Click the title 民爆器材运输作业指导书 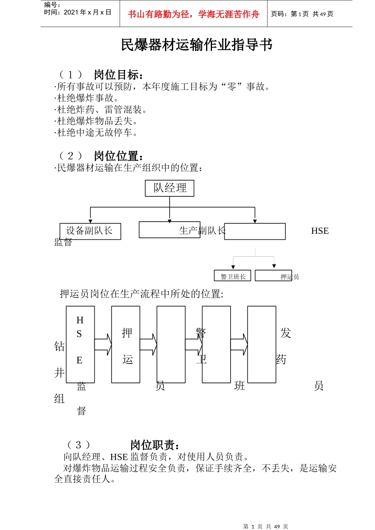click(x=197, y=45)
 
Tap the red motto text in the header click(x=193, y=15)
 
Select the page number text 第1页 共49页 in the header click(x=302, y=14)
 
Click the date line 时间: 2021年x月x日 click(x=78, y=13)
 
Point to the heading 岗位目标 click(x=118, y=75)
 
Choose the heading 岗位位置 click(x=118, y=156)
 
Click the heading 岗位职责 click(x=155, y=445)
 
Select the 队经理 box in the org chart click(x=170, y=188)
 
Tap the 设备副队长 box click(x=90, y=231)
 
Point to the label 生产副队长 click(x=202, y=231)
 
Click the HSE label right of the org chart click(x=320, y=231)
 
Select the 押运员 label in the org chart click(x=290, y=276)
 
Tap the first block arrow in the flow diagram click(x=103, y=345)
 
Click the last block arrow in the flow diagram click(x=239, y=345)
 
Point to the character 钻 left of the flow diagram click(x=60, y=346)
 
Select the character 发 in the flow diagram click(x=286, y=333)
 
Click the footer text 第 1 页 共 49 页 click(x=266, y=526)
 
